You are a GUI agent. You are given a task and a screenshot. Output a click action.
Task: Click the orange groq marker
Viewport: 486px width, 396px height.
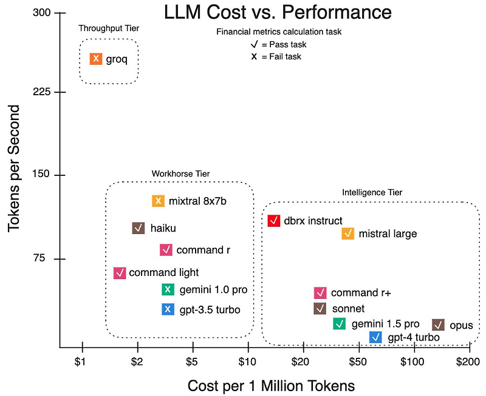[96, 59]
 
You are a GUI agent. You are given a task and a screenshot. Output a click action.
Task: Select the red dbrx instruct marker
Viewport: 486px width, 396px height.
[274, 221]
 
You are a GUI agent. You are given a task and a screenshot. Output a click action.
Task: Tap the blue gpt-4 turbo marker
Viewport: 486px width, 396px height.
[376, 337]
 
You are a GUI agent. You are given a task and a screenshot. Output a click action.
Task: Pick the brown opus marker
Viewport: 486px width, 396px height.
[438, 324]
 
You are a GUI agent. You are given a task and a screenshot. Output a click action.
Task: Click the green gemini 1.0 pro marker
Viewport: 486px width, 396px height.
[168, 289]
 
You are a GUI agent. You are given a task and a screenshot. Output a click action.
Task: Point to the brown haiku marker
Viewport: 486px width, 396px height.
[139, 228]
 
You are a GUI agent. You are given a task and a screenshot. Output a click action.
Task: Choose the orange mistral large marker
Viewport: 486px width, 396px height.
[348, 233]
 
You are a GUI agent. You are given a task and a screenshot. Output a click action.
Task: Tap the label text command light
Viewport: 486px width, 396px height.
[163, 272]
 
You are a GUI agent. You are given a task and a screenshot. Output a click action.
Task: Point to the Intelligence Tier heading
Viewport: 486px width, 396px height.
[372, 193]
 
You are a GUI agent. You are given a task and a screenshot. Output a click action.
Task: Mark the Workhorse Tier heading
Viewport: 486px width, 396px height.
[180, 174]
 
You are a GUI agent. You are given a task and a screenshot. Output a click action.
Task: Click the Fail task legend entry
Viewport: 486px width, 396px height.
[276, 56]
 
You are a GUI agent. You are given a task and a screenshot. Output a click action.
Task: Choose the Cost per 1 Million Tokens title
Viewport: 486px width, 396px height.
[271, 385]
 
